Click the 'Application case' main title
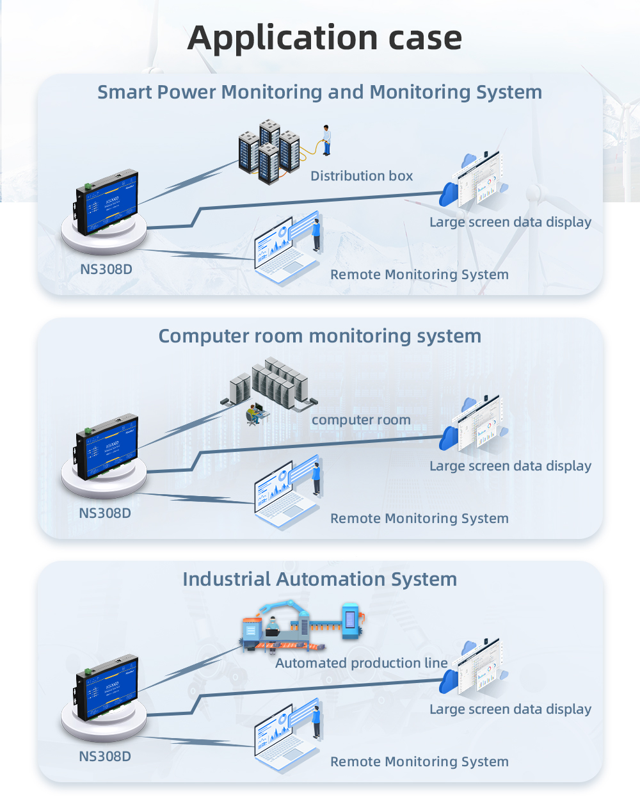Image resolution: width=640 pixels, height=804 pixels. tap(324, 38)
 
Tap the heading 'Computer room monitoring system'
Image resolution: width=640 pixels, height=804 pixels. tap(319, 336)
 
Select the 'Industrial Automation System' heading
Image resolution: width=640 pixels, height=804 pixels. tap(319, 579)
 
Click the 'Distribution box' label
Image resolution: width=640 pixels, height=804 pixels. tap(362, 176)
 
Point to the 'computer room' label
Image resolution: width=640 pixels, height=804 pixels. tap(361, 420)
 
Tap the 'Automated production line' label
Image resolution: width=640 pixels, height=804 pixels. tap(362, 663)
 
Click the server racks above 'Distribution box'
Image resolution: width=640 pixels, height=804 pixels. tap(269, 151)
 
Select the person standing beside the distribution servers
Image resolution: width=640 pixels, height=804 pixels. tap(326, 140)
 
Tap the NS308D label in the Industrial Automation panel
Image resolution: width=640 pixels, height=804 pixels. tap(105, 757)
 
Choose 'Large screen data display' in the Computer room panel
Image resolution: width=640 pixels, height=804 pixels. tap(510, 466)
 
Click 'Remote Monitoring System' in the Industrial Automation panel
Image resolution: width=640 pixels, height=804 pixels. tap(419, 762)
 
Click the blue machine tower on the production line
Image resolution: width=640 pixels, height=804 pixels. tap(350, 620)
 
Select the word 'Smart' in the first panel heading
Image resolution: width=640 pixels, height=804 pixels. tap(124, 92)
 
